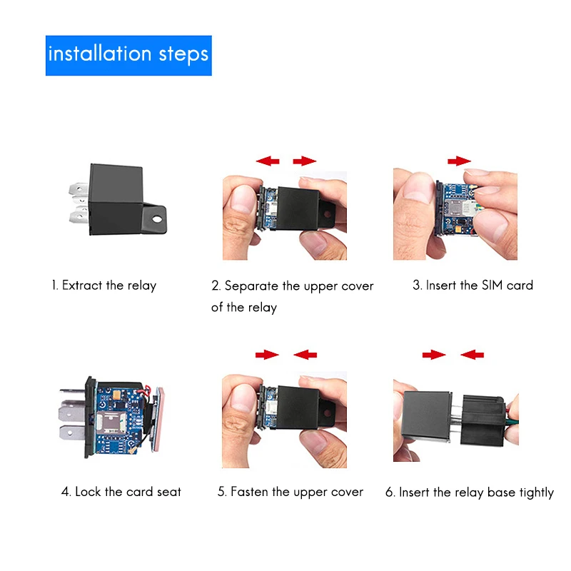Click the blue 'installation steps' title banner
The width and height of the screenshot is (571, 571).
tap(128, 55)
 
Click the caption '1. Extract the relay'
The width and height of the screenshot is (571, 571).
tap(103, 285)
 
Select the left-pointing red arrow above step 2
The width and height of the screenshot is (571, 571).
tap(268, 161)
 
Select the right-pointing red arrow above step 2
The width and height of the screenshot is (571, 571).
tap(305, 161)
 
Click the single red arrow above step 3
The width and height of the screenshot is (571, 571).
tap(460, 161)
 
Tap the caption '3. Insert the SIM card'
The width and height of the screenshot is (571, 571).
tap(473, 285)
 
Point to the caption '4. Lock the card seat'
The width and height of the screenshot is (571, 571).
tap(121, 492)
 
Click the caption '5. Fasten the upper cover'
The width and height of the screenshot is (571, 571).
tap(290, 492)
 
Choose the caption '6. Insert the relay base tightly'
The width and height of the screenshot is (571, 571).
tap(470, 492)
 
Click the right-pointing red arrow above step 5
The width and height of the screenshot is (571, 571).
tap(267, 354)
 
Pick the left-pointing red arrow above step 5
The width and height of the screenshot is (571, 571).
tap(305, 354)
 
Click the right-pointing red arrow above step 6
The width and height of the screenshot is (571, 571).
tap(433, 354)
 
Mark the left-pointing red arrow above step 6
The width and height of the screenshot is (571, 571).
tap(472, 354)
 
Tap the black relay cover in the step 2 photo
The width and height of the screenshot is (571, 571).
tap(303, 207)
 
